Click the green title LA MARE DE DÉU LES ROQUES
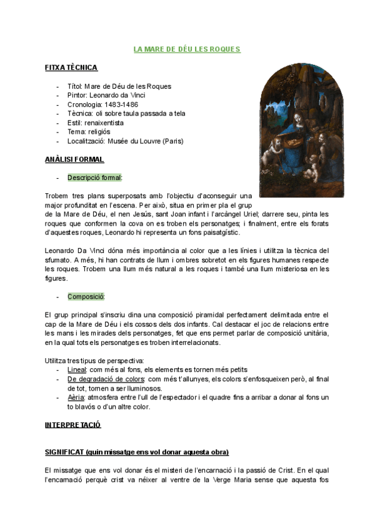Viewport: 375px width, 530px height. tap(187, 49)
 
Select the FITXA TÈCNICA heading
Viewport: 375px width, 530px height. tap(71, 67)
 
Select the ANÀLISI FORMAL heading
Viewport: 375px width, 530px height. tap(74, 159)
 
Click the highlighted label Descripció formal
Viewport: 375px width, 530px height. tap(95, 177)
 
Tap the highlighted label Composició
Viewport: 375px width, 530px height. tap(86, 296)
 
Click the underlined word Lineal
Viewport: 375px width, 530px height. tap(77, 369)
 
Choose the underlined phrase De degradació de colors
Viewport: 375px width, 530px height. tap(106, 379)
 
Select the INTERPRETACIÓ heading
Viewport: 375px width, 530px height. tap(72, 425)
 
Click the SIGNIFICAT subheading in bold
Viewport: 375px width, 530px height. tap(137, 452)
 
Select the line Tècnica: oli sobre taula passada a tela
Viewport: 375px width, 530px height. tap(126, 113)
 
